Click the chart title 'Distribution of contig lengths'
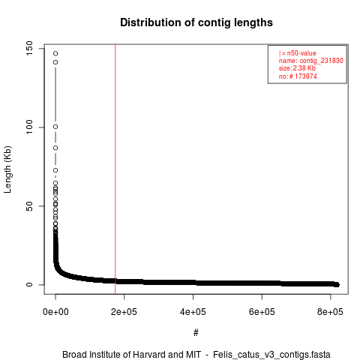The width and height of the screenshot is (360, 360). (196, 22)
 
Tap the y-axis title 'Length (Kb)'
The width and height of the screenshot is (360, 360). (7, 169)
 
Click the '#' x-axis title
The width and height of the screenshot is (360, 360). (196, 332)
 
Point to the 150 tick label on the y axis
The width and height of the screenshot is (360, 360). (29, 49)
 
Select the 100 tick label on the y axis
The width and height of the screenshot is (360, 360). (29, 127)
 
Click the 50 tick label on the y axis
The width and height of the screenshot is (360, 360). (29, 206)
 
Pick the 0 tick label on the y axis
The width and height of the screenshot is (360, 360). (29, 284)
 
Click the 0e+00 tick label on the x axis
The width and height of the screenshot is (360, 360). (55, 312)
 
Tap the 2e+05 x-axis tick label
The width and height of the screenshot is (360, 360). (124, 312)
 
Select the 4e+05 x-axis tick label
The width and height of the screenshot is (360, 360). (193, 312)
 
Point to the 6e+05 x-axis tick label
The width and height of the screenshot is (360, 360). (262, 312)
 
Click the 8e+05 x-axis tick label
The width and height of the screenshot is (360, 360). (330, 312)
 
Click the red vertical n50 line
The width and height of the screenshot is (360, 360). (115, 169)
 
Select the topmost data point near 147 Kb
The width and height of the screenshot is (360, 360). (55, 53)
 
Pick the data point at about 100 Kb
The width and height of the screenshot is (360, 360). (55, 127)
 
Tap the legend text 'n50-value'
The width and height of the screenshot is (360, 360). (301, 53)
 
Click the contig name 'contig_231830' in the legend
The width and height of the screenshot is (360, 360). (322, 61)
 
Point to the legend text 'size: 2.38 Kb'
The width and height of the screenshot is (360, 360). (297, 68)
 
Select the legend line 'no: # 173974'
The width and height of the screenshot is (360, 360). (298, 76)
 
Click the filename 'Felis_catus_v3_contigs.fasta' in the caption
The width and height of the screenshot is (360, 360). (271, 355)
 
